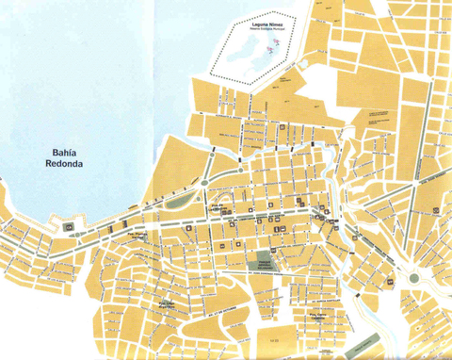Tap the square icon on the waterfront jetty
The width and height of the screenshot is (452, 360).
coord(68,227)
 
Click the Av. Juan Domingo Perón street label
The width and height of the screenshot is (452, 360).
coord(282,274)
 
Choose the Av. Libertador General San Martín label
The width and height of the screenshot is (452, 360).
coord(254,213)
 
